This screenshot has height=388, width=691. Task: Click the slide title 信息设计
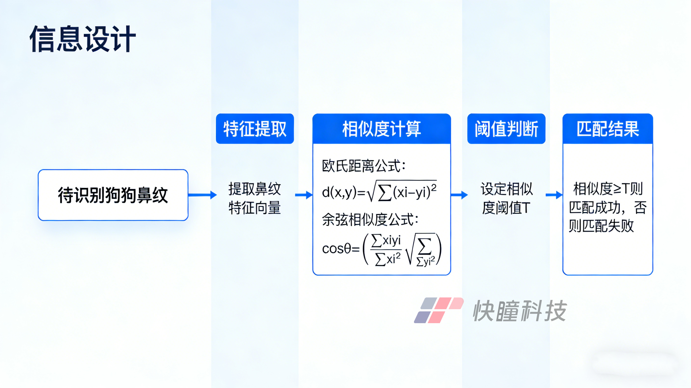point(83,39)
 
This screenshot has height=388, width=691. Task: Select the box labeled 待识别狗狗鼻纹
point(113,195)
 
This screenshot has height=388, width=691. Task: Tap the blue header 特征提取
point(255,129)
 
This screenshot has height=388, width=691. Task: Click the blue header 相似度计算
point(381,129)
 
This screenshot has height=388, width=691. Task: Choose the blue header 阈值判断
point(506,129)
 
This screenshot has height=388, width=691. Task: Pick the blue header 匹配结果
point(607,129)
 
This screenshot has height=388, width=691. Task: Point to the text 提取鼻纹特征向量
point(255,198)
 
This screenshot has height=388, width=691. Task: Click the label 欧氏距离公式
point(363,166)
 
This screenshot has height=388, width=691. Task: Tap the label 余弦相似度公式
point(370,220)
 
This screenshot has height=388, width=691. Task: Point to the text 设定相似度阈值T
point(506,198)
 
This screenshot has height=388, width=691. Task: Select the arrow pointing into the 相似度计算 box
point(304,195)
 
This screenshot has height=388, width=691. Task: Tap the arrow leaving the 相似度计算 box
point(459,195)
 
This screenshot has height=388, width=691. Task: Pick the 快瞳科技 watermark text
point(520,311)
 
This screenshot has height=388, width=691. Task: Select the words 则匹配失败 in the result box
point(601,226)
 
